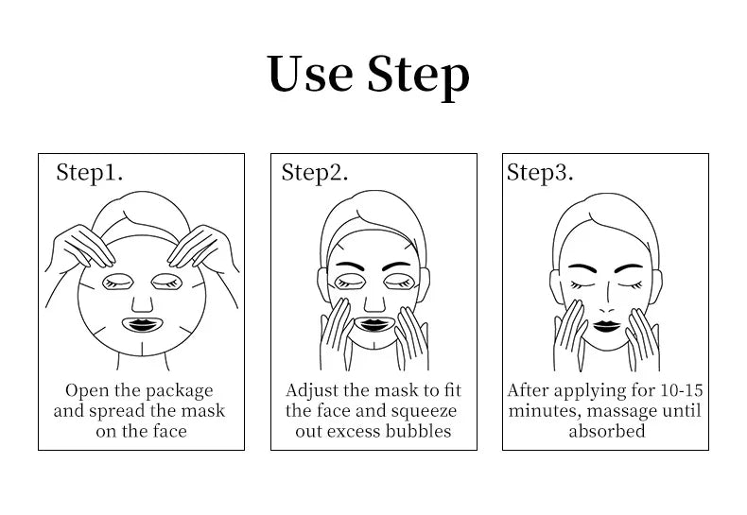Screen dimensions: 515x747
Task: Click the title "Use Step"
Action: click(369, 74)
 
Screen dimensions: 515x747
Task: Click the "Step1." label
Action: click(90, 172)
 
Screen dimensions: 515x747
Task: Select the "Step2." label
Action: click(315, 172)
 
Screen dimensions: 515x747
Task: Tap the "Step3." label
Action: click(540, 172)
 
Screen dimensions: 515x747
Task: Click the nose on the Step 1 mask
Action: click(140, 301)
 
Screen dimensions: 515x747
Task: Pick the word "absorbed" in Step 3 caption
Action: click(606, 432)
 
